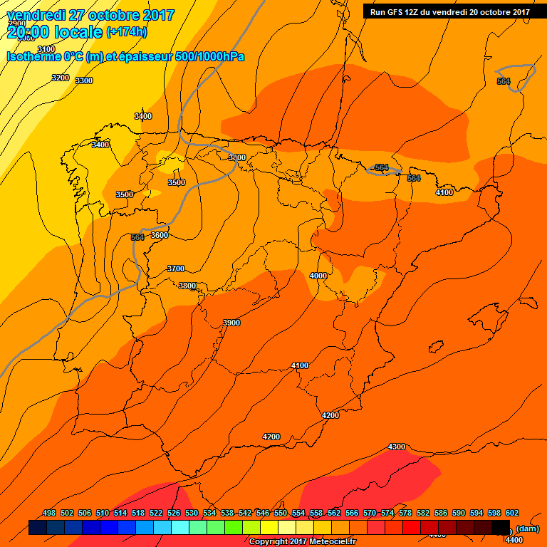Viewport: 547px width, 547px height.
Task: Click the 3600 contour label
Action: click(160, 235)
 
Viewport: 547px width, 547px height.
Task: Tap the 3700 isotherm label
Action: click(176, 269)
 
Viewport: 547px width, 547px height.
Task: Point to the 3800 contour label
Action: click(187, 286)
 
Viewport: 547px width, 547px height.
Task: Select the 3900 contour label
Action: click(231, 323)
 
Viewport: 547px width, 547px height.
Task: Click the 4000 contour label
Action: click(318, 276)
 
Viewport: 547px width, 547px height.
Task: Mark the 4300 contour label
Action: click(397, 447)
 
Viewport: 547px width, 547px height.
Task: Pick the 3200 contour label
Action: click(61, 78)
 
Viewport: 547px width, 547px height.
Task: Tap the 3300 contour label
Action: click(84, 80)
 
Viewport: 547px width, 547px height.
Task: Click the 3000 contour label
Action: click(237, 157)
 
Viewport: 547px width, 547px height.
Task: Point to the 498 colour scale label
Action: click(49, 513)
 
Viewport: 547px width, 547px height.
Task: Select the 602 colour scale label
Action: click(512, 513)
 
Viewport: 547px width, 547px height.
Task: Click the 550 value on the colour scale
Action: click(281, 513)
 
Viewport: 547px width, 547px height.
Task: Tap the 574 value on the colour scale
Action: click(387, 513)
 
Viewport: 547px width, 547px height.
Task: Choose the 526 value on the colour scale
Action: click(174, 513)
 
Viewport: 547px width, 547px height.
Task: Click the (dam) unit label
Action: click(527, 528)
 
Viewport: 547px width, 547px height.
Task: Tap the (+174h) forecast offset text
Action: click(126, 32)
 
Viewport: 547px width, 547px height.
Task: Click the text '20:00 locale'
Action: click(55, 31)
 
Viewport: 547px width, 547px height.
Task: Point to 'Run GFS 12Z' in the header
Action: click(397, 12)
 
